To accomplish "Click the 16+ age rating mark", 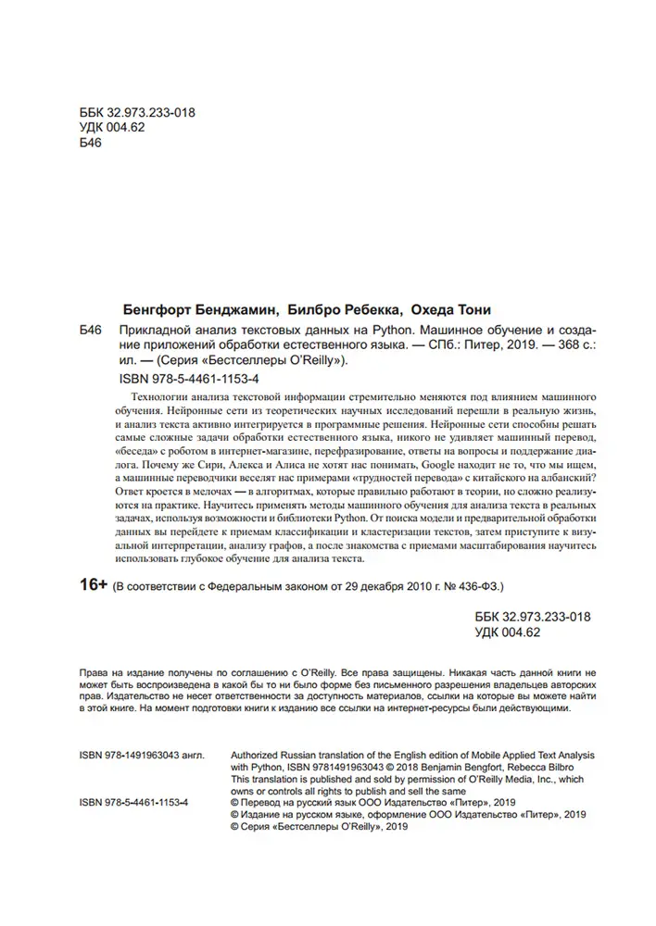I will (x=88, y=588).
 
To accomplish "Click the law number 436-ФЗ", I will (x=476, y=589).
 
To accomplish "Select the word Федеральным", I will (x=232, y=589).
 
